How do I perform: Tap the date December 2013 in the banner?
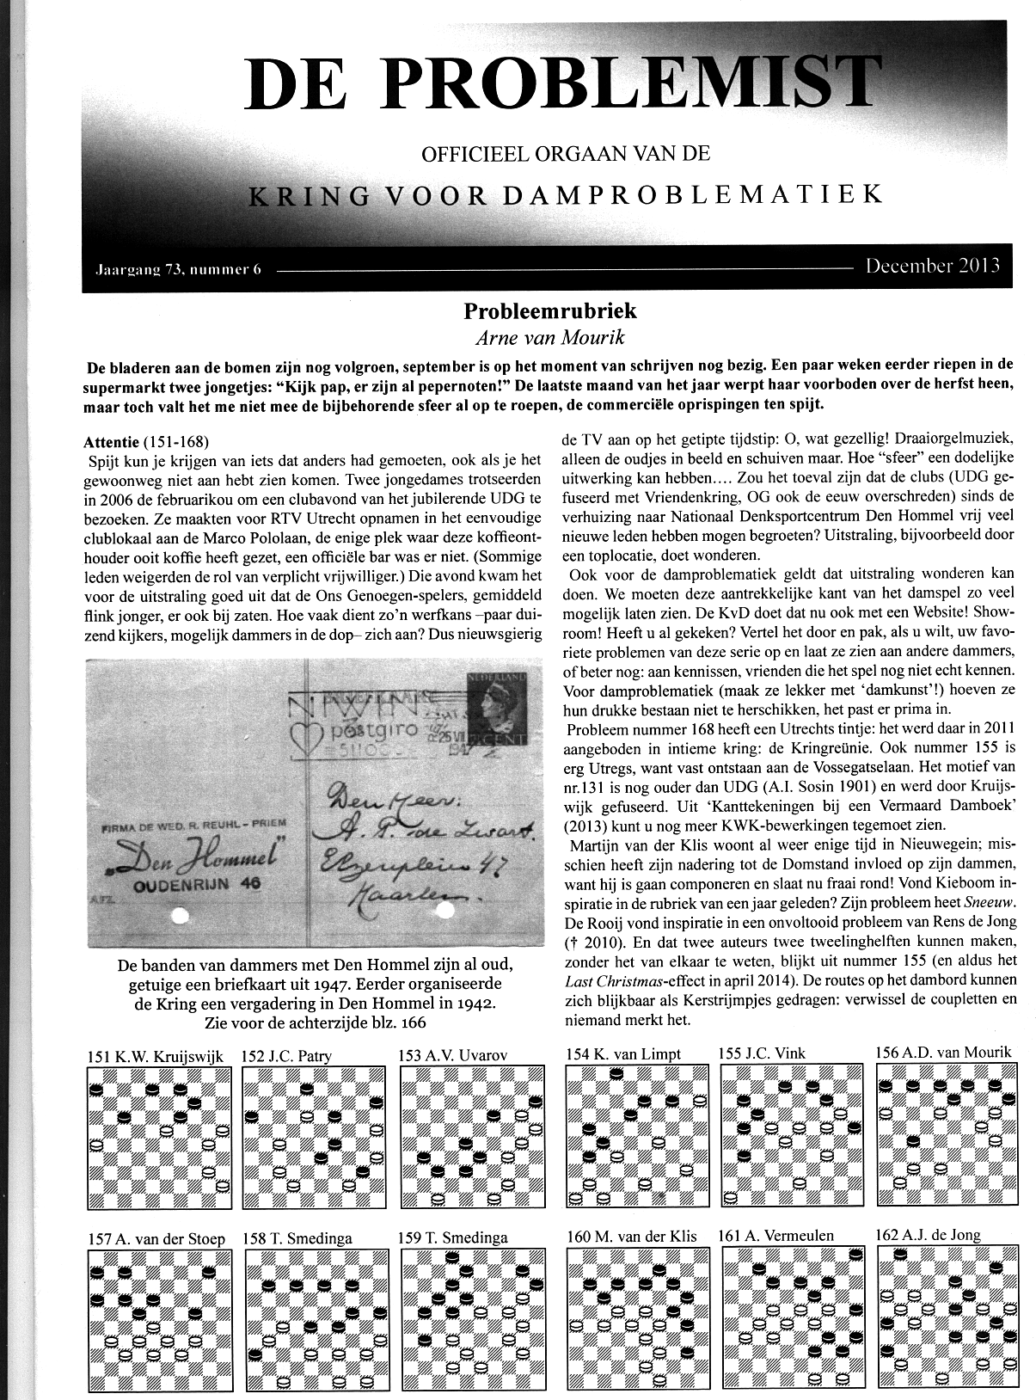coord(932,265)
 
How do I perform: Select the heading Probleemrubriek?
coord(551,310)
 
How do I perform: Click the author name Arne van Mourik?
coord(550,337)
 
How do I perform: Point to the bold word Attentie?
coord(111,442)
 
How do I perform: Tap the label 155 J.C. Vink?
coord(762,1053)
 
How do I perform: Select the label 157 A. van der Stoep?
coord(156,1239)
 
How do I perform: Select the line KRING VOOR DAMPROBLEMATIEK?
coord(565,194)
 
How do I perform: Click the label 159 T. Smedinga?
coord(452,1237)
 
